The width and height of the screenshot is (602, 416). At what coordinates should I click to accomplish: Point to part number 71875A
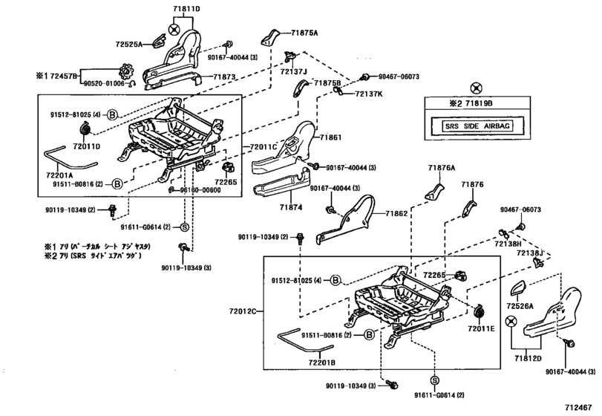pos(304,33)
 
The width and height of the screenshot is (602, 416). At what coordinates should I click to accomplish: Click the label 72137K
pos(368,94)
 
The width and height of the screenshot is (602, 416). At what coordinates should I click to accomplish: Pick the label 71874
pos(290,208)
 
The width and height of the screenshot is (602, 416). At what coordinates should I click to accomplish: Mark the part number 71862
pos(396,213)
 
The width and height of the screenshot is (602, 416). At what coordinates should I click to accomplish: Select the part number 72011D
pos(85,146)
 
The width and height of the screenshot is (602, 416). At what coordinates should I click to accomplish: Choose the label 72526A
pos(522,305)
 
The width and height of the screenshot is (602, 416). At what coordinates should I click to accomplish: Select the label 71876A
pos(441,169)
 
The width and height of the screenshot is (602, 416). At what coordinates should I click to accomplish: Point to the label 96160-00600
pos(200,189)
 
